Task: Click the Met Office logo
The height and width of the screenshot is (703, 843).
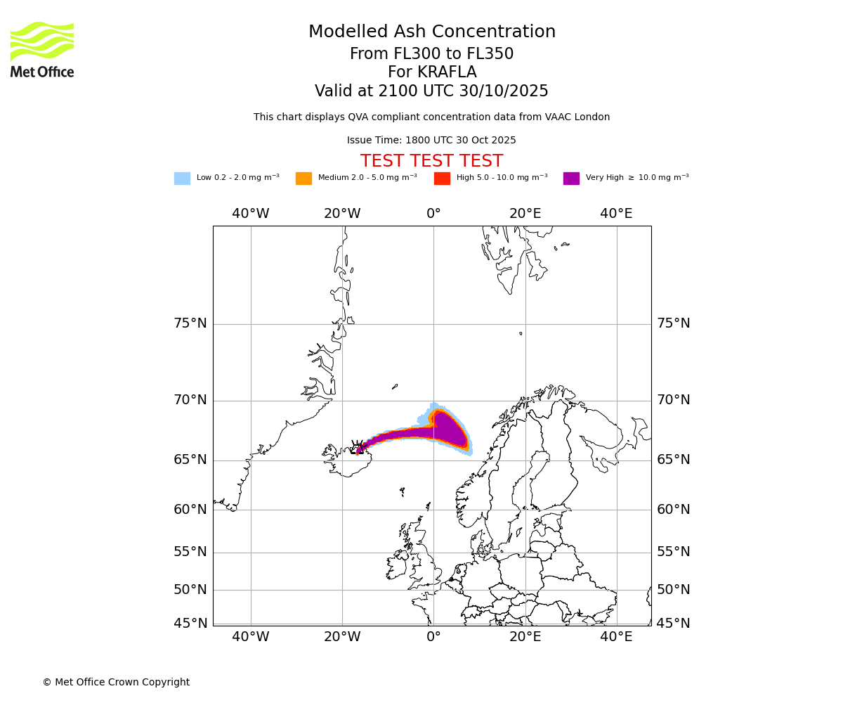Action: (x=42, y=49)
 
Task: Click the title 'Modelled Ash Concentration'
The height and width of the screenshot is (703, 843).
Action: (x=432, y=32)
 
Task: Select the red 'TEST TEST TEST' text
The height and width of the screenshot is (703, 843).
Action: (x=431, y=162)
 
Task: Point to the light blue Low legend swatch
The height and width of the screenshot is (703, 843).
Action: (x=182, y=179)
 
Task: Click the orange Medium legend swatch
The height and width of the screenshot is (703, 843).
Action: (x=303, y=179)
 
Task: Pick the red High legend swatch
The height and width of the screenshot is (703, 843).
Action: (x=442, y=179)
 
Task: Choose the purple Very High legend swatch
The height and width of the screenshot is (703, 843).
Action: (x=571, y=179)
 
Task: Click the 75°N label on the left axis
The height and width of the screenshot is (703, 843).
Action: (x=190, y=323)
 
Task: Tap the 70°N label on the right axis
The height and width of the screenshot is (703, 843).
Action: (x=673, y=400)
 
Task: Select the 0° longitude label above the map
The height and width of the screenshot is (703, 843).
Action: (x=433, y=214)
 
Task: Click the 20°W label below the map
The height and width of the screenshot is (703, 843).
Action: (x=342, y=637)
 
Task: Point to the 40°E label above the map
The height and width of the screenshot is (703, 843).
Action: (x=616, y=214)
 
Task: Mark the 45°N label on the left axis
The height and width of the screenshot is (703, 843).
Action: (x=190, y=624)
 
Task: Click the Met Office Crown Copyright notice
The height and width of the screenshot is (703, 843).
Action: (x=116, y=683)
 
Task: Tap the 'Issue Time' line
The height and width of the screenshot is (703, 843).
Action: (x=431, y=141)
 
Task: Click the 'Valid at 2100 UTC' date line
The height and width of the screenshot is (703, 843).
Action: (x=431, y=91)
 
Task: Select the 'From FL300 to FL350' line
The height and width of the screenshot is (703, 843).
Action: (x=431, y=54)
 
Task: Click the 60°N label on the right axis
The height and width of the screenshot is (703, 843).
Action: (x=673, y=510)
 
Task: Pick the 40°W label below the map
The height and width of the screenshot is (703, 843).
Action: (x=251, y=637)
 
